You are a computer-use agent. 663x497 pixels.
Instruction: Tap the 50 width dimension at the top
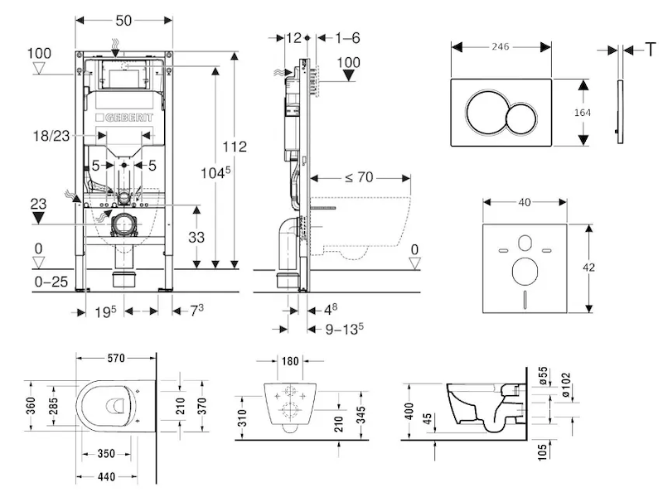click(123, 18)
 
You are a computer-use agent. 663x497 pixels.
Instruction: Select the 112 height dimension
click(235, 147)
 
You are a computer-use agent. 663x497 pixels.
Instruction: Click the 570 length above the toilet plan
click(115, 359)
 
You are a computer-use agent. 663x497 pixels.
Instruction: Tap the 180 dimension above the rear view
click(290, 361)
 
